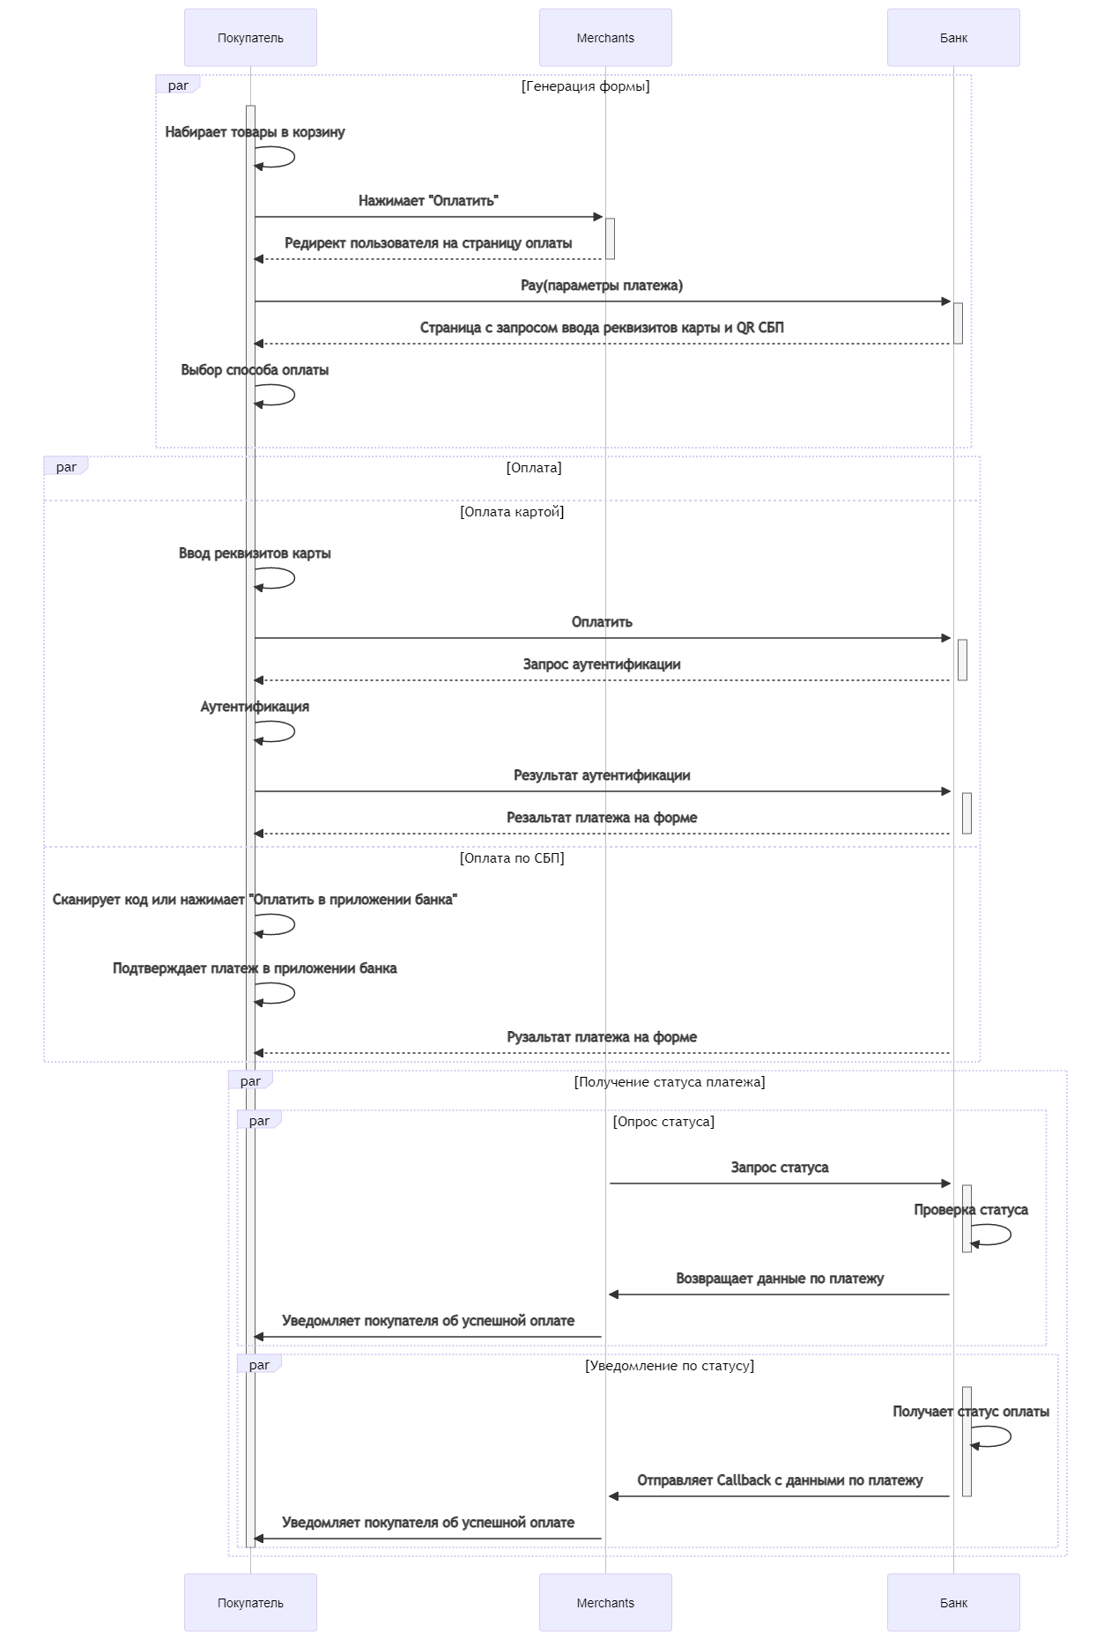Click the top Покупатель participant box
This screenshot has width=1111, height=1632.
click(250, 38)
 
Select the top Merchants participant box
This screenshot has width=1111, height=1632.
click(605, 38)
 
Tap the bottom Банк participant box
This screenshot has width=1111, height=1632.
click(953, 1602)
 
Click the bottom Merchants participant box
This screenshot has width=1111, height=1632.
click(605, 1602)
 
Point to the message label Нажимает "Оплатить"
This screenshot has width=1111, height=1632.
click(428, 201)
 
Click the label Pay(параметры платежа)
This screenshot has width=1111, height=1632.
click(602, 286)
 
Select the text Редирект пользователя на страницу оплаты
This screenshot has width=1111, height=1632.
click(428, 243)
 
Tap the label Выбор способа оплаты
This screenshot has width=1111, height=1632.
click(255, 370)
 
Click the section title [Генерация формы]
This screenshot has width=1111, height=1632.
click(586, 86)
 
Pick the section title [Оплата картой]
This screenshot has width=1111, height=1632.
click(512, 512)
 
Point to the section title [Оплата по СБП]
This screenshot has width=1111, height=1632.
click(512, 858)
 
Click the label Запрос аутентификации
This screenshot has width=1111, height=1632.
click(602, 664)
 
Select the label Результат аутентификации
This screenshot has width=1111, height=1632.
click(602, 775)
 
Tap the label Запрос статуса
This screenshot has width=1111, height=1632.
click(780, 1168)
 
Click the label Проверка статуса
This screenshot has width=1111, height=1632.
click(971, 1210)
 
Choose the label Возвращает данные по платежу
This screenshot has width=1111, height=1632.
click(780, 1279)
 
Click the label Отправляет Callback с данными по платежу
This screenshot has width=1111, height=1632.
click(780, 1480)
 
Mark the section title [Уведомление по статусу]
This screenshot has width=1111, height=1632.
click(670, 1366)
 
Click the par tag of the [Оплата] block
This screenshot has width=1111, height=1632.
click(66, 467)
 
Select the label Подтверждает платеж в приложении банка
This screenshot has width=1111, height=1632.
click(255, 968)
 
